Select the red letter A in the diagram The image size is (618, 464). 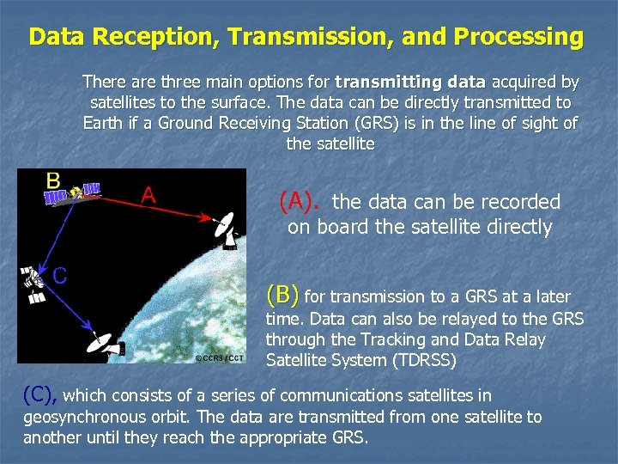[148, 195]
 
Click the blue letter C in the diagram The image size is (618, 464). [60, 275]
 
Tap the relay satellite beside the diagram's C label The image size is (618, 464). [32, 284]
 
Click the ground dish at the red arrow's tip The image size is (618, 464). [225, 229]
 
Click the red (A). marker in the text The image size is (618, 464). [300, 202]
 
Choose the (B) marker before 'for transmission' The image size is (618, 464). [283, 296]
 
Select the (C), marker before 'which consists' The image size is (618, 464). [40, 394]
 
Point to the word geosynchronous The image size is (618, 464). [77, 417]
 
